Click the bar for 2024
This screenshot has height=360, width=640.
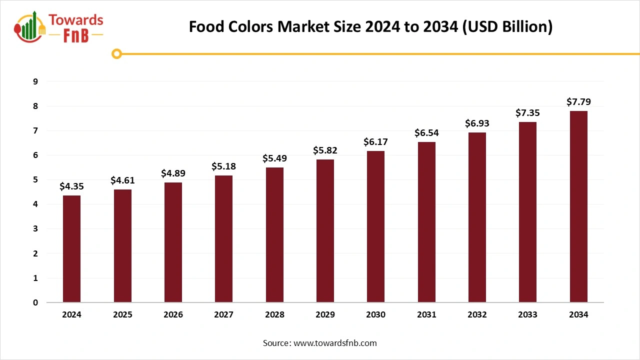click(71, 248)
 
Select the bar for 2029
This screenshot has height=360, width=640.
click(325, 230)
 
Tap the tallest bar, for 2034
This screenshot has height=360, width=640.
click(578, 206)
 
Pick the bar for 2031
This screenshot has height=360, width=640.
click(426, 222)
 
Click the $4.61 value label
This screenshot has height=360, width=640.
click(122, 180)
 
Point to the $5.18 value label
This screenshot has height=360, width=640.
click(223, 166)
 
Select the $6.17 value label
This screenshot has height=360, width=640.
click(375, 142)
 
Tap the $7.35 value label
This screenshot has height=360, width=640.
click(527, 113)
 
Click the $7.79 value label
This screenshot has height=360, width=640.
click(578, 102)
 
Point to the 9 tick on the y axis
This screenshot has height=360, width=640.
click(35, 81)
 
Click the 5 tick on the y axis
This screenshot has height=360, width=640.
click(35, 180)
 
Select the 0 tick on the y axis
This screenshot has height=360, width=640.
click(35, 302)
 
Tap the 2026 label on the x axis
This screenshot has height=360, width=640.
click(173, 314)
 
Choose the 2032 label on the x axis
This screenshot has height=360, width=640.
click(477, 314)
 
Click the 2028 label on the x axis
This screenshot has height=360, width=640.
click(274, 314)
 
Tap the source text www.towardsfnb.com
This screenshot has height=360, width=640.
click(334, 343)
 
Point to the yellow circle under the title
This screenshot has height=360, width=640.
click(117, 53)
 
